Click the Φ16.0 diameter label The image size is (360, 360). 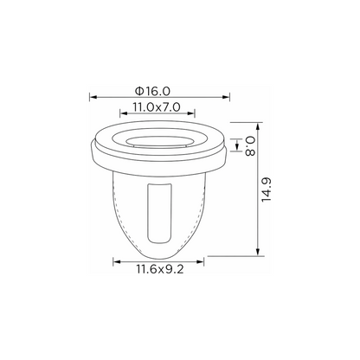[152, 91]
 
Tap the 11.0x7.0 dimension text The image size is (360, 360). [157, 107]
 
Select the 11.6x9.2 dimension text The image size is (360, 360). [160, 269]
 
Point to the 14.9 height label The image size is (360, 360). [267, 190]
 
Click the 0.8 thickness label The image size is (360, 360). [250, 146]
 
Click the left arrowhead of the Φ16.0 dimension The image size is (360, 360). [93, 98]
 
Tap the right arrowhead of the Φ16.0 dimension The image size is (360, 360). [226, 98]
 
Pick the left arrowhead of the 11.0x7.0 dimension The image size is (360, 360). [124, 113]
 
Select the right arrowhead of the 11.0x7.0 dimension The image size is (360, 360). [191, 113]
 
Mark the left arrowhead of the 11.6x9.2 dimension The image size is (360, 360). [117, 262]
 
